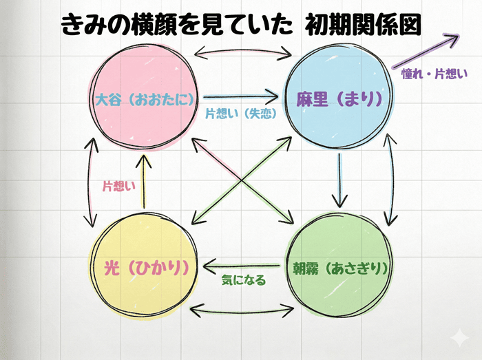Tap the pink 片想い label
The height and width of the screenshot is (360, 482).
(x=118, y=186)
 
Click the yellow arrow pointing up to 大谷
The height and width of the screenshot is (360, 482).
(x=143, y=182)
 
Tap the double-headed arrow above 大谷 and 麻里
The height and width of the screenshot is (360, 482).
(x=240, y=51)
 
